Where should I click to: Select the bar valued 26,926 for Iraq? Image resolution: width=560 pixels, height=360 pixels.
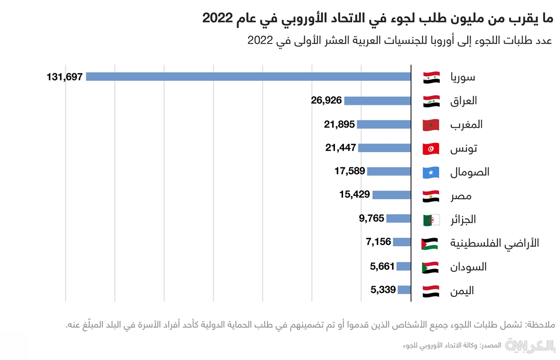pos(378,100)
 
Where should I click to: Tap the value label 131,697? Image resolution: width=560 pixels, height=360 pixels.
pos(64,77)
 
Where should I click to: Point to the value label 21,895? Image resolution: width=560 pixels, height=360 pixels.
pos(339,124)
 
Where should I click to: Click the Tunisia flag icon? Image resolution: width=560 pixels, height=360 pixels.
pos(430,149)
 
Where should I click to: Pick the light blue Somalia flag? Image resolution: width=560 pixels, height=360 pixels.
pos(430,172)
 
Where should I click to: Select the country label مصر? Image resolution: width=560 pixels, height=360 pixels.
pos(461,196)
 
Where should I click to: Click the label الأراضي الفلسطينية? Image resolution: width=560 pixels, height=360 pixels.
pos(495,243)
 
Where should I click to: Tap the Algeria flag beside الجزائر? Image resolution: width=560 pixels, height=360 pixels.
pos(431,220)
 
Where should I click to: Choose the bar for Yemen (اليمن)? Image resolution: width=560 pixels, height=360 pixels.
pos(405,290)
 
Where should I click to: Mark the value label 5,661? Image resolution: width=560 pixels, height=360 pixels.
pos(383,267)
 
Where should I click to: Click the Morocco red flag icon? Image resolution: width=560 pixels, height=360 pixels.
pos(430,125)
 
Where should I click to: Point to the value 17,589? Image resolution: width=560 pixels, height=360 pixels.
pos(350,171)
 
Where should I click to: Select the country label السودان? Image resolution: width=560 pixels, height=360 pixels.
pos(469,267)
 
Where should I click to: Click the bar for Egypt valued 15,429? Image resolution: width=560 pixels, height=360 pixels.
pos(392,195)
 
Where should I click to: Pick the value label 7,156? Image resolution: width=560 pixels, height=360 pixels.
pos(378,242)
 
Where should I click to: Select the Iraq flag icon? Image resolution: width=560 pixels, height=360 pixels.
pos(430,101)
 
